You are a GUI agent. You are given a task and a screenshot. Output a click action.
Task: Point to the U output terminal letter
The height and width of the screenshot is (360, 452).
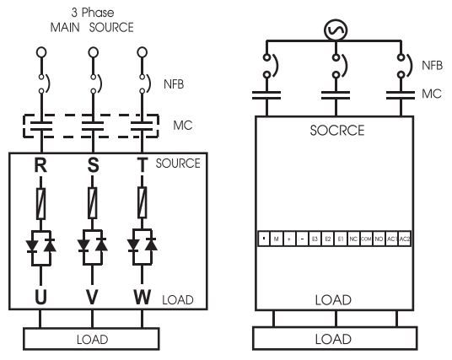(40, 297)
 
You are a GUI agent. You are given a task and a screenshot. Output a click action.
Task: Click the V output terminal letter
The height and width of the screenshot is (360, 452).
(94, 297)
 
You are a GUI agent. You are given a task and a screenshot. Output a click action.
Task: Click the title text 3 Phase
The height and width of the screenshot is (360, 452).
(94, 14)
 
